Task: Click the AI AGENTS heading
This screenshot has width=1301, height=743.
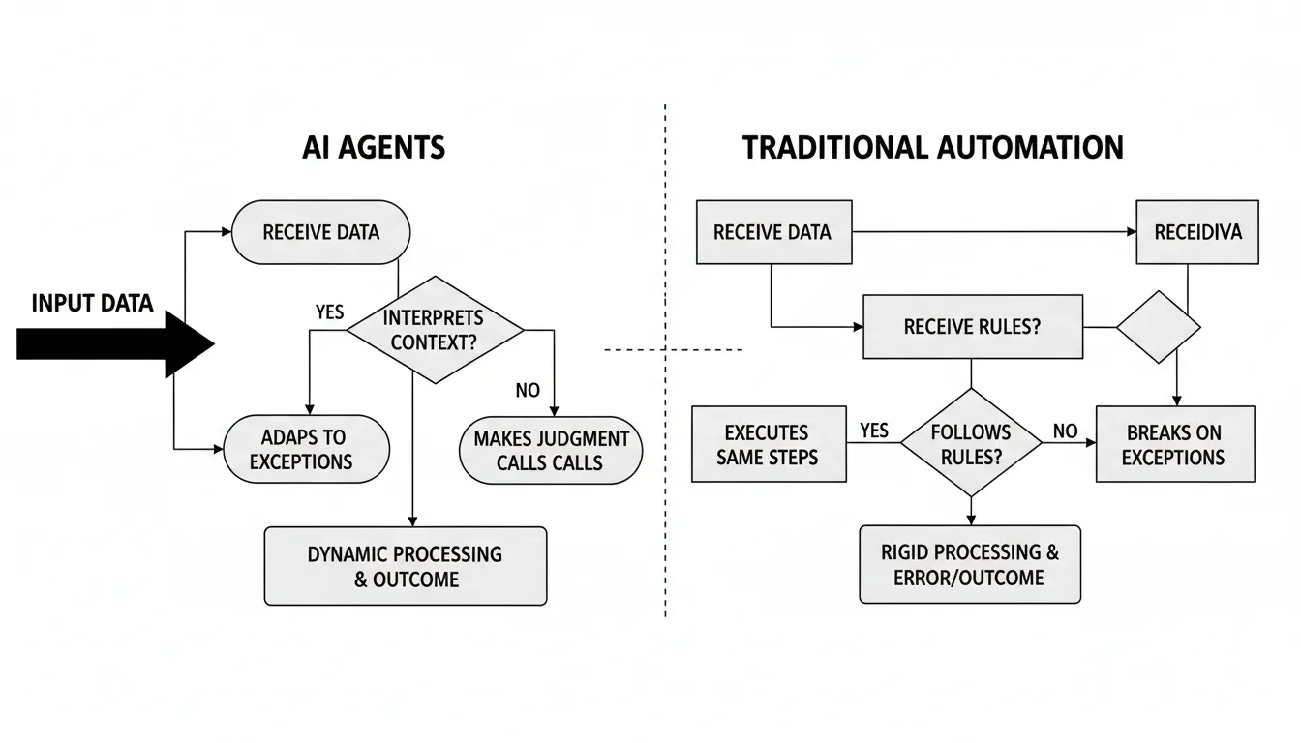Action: tap(374, 147)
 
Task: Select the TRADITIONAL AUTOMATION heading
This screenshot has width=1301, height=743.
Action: tap(933, 147)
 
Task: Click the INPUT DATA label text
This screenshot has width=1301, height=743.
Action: tap(93, 304)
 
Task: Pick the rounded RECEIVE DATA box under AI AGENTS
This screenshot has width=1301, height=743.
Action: tap(321, 232)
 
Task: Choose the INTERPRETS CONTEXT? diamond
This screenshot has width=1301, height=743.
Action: tap(434, 330)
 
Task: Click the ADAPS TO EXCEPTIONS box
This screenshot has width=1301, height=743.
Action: tap(305, 450)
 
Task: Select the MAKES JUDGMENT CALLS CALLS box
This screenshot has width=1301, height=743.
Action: tap(551, 451)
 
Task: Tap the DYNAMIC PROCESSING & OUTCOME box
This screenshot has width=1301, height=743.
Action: tap(405, 566)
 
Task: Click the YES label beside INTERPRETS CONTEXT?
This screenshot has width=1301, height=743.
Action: tap(330, 312)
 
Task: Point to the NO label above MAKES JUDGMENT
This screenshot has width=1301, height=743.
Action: tap(528, 391)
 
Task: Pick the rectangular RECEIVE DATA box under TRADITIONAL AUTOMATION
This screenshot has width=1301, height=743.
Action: tap(773, 232)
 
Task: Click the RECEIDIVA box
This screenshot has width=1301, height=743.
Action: tap(1197, 232)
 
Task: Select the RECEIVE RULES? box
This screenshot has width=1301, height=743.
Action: tap(972, 327)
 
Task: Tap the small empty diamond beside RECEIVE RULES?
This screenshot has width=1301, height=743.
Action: tap(1158, 327)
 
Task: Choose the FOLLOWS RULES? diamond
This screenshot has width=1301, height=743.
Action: tap(971, 443)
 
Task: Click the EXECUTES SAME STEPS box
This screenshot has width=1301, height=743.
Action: tap(769, 444)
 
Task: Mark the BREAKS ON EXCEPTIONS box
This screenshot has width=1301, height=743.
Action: tap(1174, 444)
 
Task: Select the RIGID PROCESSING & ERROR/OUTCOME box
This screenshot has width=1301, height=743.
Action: tap(970, 565)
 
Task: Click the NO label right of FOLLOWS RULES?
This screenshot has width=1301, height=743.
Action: tap(1065, 431)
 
